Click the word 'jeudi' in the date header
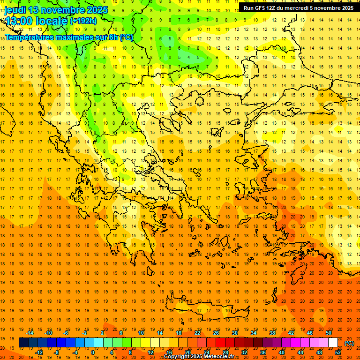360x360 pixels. [x=15, y=10]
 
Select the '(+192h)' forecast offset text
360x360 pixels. [x=83, y=21]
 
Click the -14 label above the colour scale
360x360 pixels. [x=30, y=333]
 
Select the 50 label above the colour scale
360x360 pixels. [x=329, y=333]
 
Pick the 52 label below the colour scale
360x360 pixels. [x=338, y=352]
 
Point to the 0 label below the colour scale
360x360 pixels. [x=92, y=352]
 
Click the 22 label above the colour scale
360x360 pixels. [x=197, y=333]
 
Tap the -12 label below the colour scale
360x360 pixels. [x=39, y=352]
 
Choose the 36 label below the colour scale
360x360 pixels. [x=263, y=352]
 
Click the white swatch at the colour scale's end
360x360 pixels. [x=333, y=343]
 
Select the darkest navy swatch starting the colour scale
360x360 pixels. [x=23, y=343]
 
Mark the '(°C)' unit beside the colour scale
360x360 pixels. [x=349, y=343]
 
